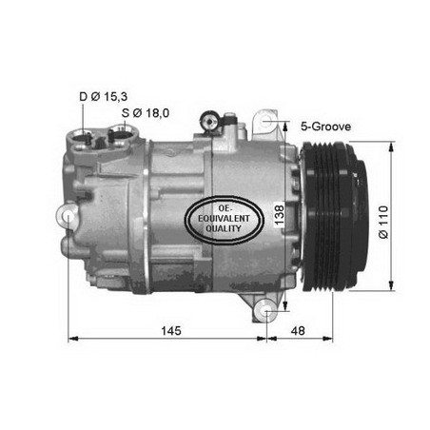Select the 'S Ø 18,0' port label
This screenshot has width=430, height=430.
point(146,113)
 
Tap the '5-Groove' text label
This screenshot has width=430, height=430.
point(325,125)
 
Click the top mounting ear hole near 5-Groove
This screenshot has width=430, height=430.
point(271,123)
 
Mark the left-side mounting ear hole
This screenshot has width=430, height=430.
point(68,219)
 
